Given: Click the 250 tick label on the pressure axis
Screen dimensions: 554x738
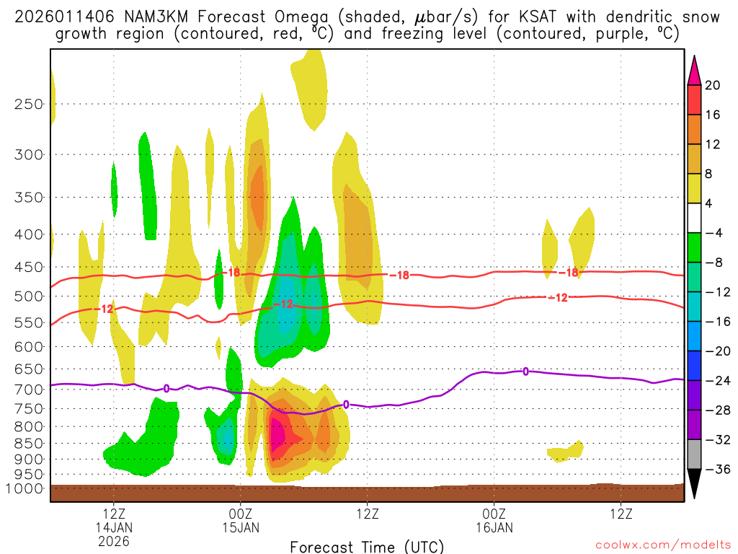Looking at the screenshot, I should [30, 104].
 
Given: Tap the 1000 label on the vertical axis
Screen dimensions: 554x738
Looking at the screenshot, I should [26, 488].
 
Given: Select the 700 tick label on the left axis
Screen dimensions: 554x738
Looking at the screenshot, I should [30, 390].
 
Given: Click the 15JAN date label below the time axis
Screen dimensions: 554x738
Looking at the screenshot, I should [240, 527].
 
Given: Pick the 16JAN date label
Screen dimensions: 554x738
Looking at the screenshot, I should [494, 527].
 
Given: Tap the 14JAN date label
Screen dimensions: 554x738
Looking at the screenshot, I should [114, 527].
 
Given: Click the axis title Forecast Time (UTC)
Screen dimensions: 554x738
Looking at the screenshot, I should [367, 546].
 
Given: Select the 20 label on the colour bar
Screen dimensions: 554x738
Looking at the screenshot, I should [713, 85].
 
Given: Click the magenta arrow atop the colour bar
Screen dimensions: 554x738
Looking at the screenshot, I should [694, 70].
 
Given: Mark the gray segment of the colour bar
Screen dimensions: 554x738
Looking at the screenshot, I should [694, 454].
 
